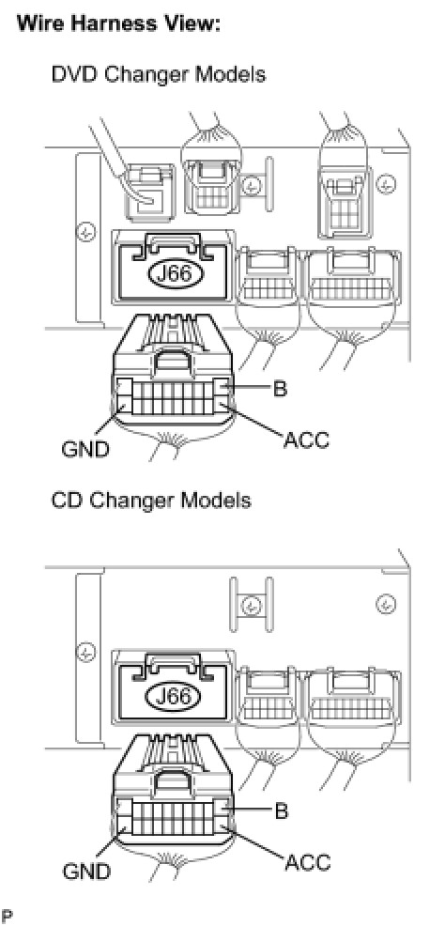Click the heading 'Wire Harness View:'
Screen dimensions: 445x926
pos(118,24)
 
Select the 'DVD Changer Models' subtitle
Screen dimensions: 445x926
pos(158,74)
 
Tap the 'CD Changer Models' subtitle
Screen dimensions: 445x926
pos(151,501)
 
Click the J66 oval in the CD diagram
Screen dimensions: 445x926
pos(175,697)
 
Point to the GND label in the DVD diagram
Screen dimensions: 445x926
pos(85,450)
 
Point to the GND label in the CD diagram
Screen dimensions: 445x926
pos(85,872)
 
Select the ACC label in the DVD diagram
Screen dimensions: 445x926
pos(306,440)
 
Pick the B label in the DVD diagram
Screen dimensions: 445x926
pos(280,388)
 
